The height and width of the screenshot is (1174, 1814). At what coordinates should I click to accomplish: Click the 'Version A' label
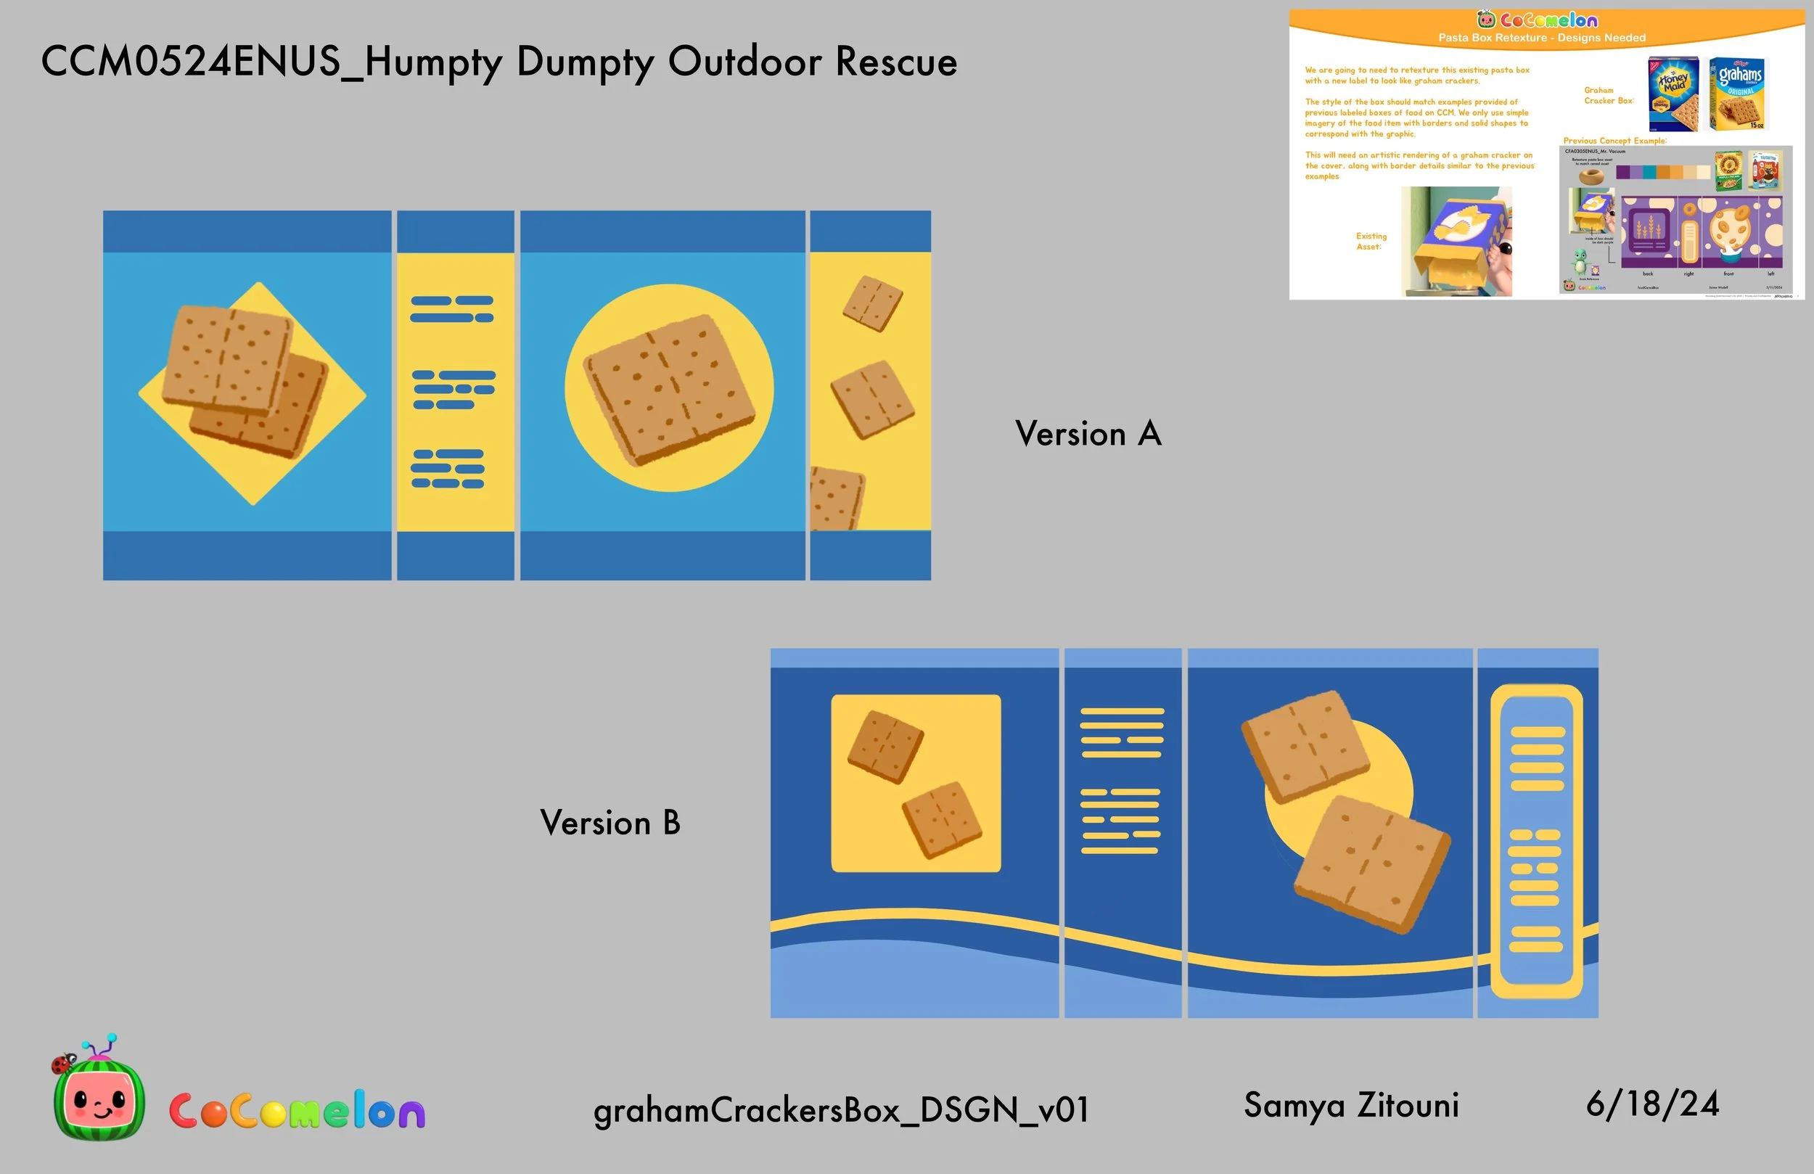(1088, 434)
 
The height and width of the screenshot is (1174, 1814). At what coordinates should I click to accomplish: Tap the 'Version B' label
(610, 823)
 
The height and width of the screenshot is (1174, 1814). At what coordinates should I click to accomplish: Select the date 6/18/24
(1652, 1104)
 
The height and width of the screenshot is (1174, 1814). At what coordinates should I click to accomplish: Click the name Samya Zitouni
(1350, 1105)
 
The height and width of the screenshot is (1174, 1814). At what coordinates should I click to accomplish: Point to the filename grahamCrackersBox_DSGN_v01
(841, 1110)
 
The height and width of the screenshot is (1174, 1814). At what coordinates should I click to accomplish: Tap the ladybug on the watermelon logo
(62, 1062)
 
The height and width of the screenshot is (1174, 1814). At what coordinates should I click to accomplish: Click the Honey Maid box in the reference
(1673, 93)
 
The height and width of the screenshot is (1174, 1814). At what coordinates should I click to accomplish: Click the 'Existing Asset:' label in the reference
(1371, 241)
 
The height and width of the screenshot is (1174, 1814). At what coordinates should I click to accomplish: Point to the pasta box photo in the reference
(1456, 241)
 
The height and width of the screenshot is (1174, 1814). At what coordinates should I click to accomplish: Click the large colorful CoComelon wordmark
(297, 1111)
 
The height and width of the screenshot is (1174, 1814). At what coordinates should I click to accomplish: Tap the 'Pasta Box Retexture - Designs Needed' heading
(1541, 37)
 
